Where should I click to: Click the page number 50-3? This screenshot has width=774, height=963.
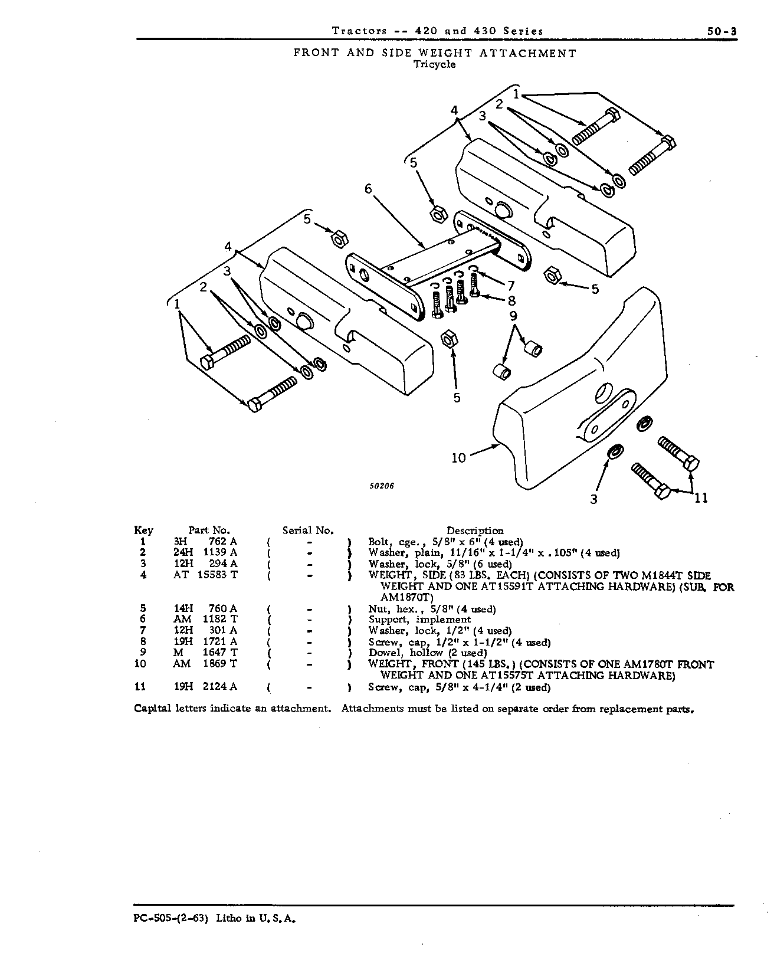[721, 31]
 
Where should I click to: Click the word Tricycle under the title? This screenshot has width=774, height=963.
[434, 64]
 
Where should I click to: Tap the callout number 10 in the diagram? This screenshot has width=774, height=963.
[458, 458]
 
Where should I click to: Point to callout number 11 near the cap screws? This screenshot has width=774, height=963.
[701, 498]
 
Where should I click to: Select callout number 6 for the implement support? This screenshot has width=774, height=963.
[368, 189]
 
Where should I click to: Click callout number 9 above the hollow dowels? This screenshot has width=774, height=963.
[513, 316]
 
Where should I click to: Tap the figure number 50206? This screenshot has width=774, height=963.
[382, 486]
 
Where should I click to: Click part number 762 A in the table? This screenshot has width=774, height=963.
[223, 542]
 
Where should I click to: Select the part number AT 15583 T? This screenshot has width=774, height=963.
[205, 575]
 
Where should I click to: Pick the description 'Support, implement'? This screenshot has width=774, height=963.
[419, 620]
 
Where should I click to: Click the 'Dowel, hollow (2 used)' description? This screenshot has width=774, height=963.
[427, 653]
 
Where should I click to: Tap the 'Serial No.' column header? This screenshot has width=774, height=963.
[308, 530]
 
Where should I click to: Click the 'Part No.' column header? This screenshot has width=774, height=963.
[209, 530]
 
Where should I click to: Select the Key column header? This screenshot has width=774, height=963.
[143, 530]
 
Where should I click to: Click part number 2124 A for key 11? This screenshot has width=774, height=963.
[220, 686]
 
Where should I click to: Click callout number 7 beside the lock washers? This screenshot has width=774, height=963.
[511, 286]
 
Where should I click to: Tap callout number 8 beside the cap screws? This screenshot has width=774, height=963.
[511, 301]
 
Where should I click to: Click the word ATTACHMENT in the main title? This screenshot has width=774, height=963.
[528, 53]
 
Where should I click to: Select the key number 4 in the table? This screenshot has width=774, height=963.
[143, 575]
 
